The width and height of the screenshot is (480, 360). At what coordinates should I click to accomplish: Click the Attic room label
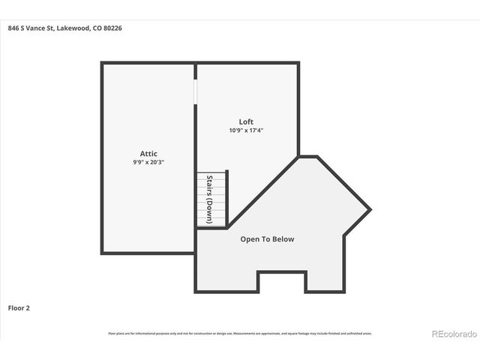(148, 153)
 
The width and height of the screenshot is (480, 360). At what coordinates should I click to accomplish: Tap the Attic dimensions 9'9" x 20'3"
(148, 162)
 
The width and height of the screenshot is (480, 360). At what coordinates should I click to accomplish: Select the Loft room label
(246, 121)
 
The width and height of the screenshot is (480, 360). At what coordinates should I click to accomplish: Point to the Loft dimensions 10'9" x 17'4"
(246, 130)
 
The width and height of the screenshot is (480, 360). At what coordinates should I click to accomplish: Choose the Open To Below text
(267, 239)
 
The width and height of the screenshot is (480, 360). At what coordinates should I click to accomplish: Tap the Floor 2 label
(19, 307)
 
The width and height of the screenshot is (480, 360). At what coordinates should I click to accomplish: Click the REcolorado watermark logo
(452, 333)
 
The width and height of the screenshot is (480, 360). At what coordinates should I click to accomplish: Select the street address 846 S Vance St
(32, 28)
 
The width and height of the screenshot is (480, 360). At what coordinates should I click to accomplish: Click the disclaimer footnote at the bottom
(240, 333)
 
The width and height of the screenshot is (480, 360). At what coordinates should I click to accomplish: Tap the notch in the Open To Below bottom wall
(282, 281)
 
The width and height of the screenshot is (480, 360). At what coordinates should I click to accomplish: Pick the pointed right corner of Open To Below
(370, 208)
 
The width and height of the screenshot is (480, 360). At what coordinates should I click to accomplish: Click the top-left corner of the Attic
(103, 64)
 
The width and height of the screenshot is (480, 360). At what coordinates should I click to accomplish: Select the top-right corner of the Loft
(298, 64)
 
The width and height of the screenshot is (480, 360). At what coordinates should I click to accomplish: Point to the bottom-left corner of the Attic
(103, 253)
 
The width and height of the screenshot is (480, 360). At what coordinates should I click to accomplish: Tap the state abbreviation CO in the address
(97, 28)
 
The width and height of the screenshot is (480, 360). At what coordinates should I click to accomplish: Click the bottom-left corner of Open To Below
(197, 291)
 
